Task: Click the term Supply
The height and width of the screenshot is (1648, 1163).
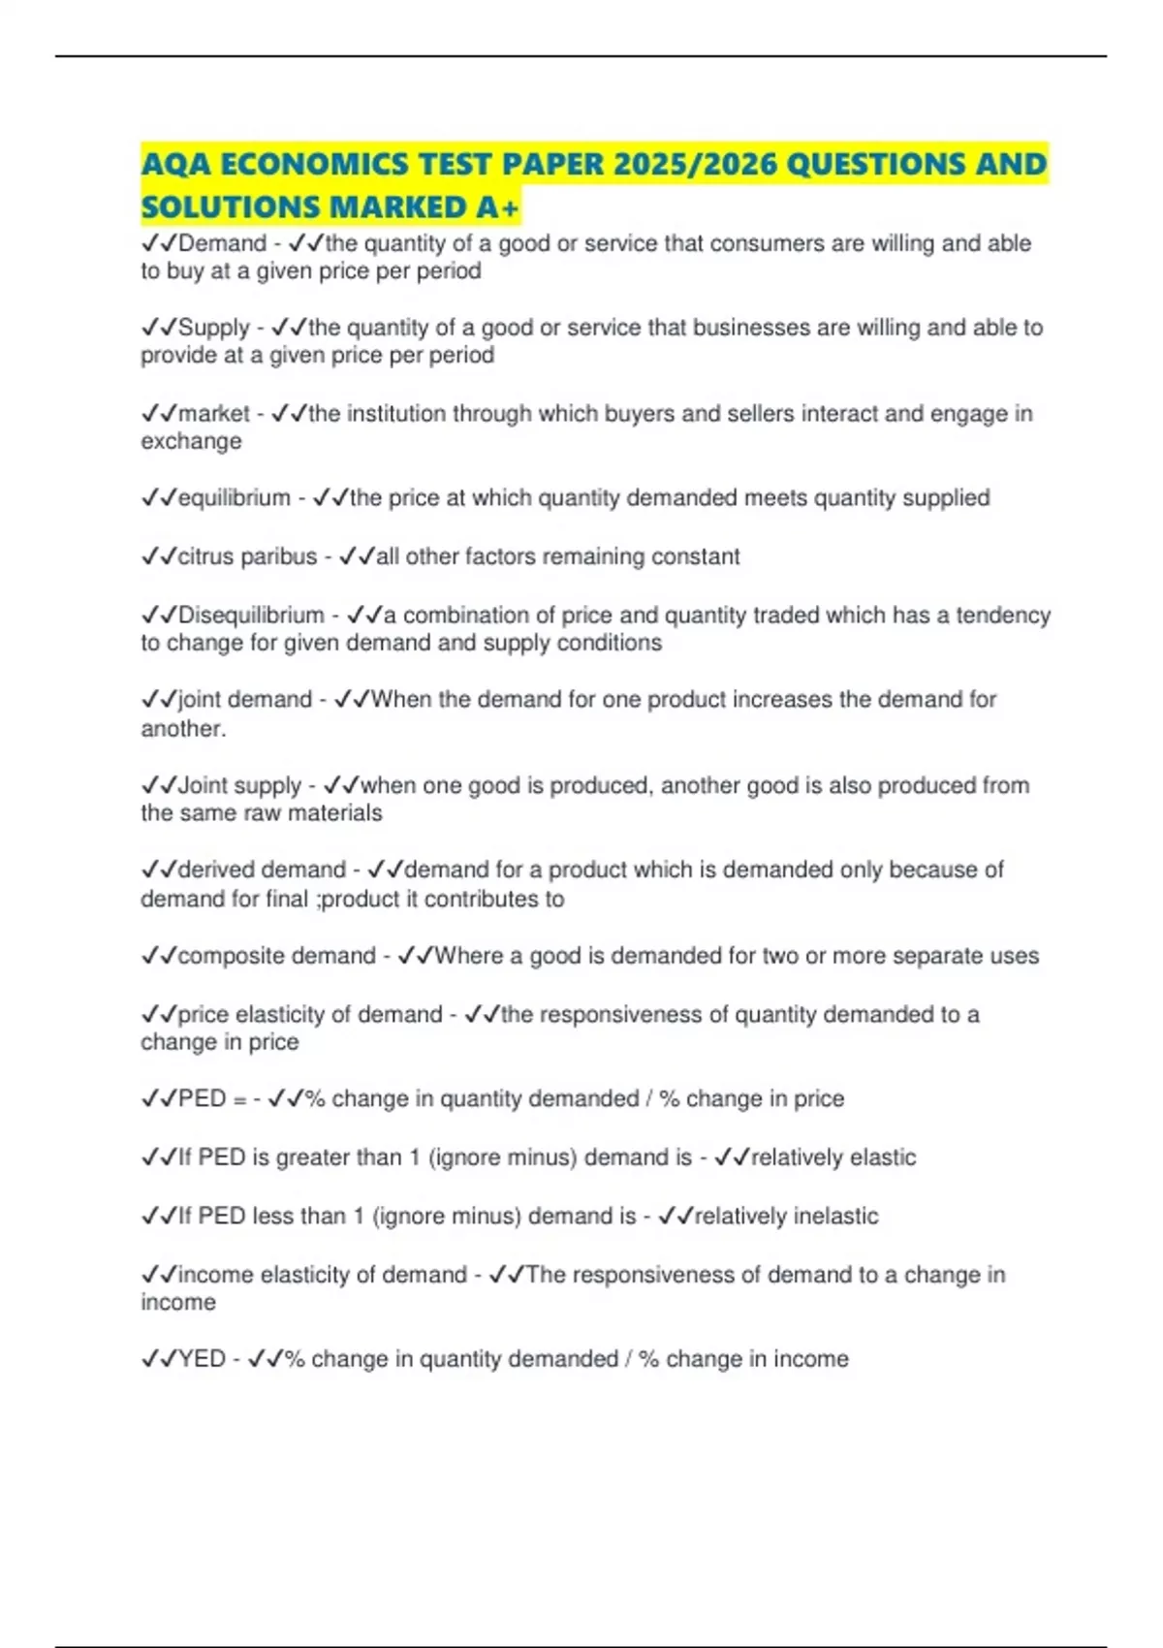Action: coord(214,328)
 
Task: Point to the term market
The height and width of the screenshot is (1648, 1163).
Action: coord(214,414)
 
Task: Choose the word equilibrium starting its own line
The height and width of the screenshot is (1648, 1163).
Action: coord(234,498)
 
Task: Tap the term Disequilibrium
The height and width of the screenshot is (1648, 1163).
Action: coord(251,615)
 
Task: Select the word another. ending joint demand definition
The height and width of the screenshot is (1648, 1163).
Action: coord(183,728)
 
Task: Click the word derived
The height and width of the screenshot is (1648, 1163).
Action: coord(214,870)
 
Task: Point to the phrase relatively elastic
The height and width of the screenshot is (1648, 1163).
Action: coord(833,1157)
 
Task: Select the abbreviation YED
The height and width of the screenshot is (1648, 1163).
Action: coord(203,1359)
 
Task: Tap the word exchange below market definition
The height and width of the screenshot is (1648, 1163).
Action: coord(191,441)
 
